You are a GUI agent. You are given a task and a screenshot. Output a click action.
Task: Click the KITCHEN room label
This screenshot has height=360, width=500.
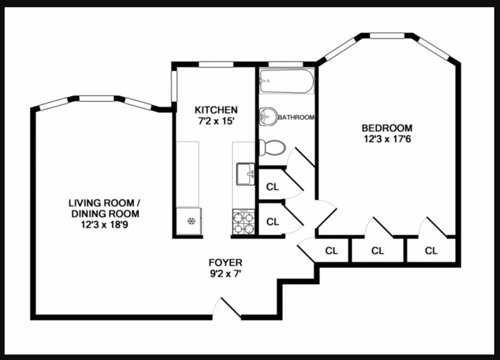(216, 110)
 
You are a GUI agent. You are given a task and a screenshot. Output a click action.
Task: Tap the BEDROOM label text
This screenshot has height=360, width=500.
(387, 128)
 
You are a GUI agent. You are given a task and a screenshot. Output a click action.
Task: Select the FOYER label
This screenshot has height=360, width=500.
(225, 262)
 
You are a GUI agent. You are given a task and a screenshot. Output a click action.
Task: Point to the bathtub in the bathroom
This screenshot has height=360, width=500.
(286, 82)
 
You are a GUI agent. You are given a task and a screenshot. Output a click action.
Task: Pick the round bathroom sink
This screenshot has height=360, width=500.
(267, 116)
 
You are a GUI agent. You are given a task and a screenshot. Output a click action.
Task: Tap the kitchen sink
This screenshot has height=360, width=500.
(245, 174)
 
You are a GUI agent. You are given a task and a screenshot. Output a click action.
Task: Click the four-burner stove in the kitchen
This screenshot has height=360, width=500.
(243, 222)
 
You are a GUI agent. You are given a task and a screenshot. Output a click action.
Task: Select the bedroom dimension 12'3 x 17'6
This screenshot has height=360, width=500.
(387, 139)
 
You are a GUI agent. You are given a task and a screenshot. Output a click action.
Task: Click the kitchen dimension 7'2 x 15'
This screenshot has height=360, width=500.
(216, 121)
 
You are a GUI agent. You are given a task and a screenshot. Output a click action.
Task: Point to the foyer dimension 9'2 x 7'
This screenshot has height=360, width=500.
(225, 274)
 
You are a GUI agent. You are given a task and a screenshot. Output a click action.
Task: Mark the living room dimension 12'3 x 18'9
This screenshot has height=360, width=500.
(104, 225)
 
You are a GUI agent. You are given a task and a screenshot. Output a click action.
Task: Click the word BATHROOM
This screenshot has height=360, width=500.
(296, 117)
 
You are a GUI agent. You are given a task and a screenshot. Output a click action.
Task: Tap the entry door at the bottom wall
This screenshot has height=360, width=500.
(227, 309)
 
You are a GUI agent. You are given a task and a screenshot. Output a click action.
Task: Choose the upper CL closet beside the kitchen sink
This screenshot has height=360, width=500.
(272, 187)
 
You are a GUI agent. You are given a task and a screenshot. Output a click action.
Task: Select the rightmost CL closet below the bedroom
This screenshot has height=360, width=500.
(431, 251)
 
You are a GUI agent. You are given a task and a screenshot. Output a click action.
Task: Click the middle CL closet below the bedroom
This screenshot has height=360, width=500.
(377, 251)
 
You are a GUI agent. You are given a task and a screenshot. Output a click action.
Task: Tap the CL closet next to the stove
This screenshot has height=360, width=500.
(272, 222)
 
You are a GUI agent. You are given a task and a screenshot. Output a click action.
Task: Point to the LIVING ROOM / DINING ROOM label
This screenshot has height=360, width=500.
(104, 208)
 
